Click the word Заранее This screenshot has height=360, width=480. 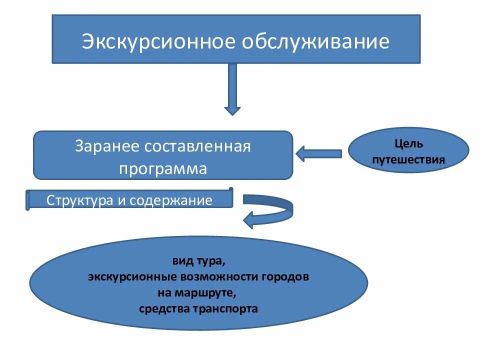106,146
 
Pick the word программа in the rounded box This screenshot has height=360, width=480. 162,168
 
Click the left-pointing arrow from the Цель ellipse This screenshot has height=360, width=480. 319,153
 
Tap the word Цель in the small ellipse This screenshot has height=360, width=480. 408,144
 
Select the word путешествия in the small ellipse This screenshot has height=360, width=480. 408,160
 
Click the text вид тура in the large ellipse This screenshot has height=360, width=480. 198,261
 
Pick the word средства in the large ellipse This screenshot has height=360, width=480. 163,308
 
